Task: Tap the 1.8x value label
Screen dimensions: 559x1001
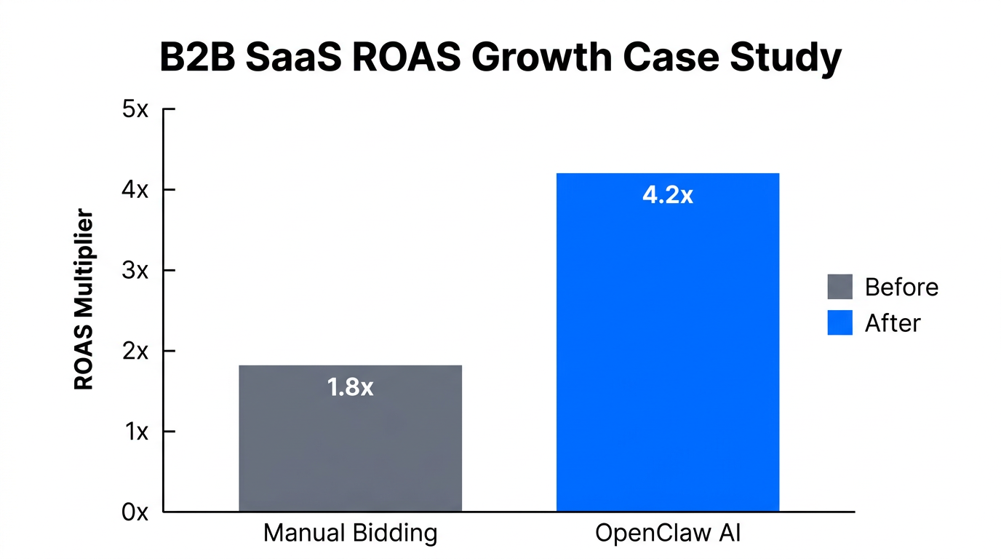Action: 350,387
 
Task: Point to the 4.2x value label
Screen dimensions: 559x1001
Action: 667,195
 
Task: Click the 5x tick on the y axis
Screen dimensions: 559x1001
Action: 135,110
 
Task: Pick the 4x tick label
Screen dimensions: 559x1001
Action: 135,191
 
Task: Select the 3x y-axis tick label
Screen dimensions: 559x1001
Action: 135,271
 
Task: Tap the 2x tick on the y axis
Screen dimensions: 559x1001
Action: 135,352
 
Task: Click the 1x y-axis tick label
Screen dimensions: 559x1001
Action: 135,432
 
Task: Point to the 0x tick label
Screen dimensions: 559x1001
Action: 135,512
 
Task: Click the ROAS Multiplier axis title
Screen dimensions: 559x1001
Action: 84,299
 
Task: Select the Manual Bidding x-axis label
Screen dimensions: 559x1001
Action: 350,534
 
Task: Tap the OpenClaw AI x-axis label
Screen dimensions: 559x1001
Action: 667,534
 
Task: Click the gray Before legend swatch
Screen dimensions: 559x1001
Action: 840,287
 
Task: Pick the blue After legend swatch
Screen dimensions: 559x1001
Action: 840,322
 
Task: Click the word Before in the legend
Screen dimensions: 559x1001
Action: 901,287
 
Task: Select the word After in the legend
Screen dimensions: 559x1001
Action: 893,322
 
